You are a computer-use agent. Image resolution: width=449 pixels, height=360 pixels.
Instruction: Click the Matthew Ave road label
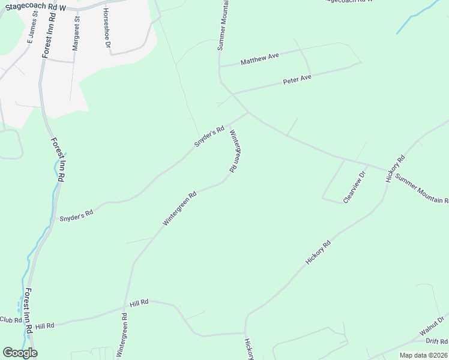pos(260,59)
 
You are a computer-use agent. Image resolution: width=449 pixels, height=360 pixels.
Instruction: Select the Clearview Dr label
pos(354,188)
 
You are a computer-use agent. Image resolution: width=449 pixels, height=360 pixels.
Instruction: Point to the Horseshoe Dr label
pos(107,28)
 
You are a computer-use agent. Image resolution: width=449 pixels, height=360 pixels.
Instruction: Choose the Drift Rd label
pos(436,341)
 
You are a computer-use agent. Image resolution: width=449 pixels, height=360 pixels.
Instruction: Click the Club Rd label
pos(10,320)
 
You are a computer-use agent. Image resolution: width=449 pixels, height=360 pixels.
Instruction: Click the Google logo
pos(19,353)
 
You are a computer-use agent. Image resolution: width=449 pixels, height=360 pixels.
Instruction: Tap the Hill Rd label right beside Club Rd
pos(44,326)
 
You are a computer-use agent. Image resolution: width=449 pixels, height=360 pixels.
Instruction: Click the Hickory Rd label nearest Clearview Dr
pos(396,169)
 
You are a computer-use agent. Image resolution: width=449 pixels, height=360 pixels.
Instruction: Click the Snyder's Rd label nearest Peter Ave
pos(208,136)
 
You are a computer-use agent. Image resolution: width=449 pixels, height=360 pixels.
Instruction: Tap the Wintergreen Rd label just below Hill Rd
pos(124,333)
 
